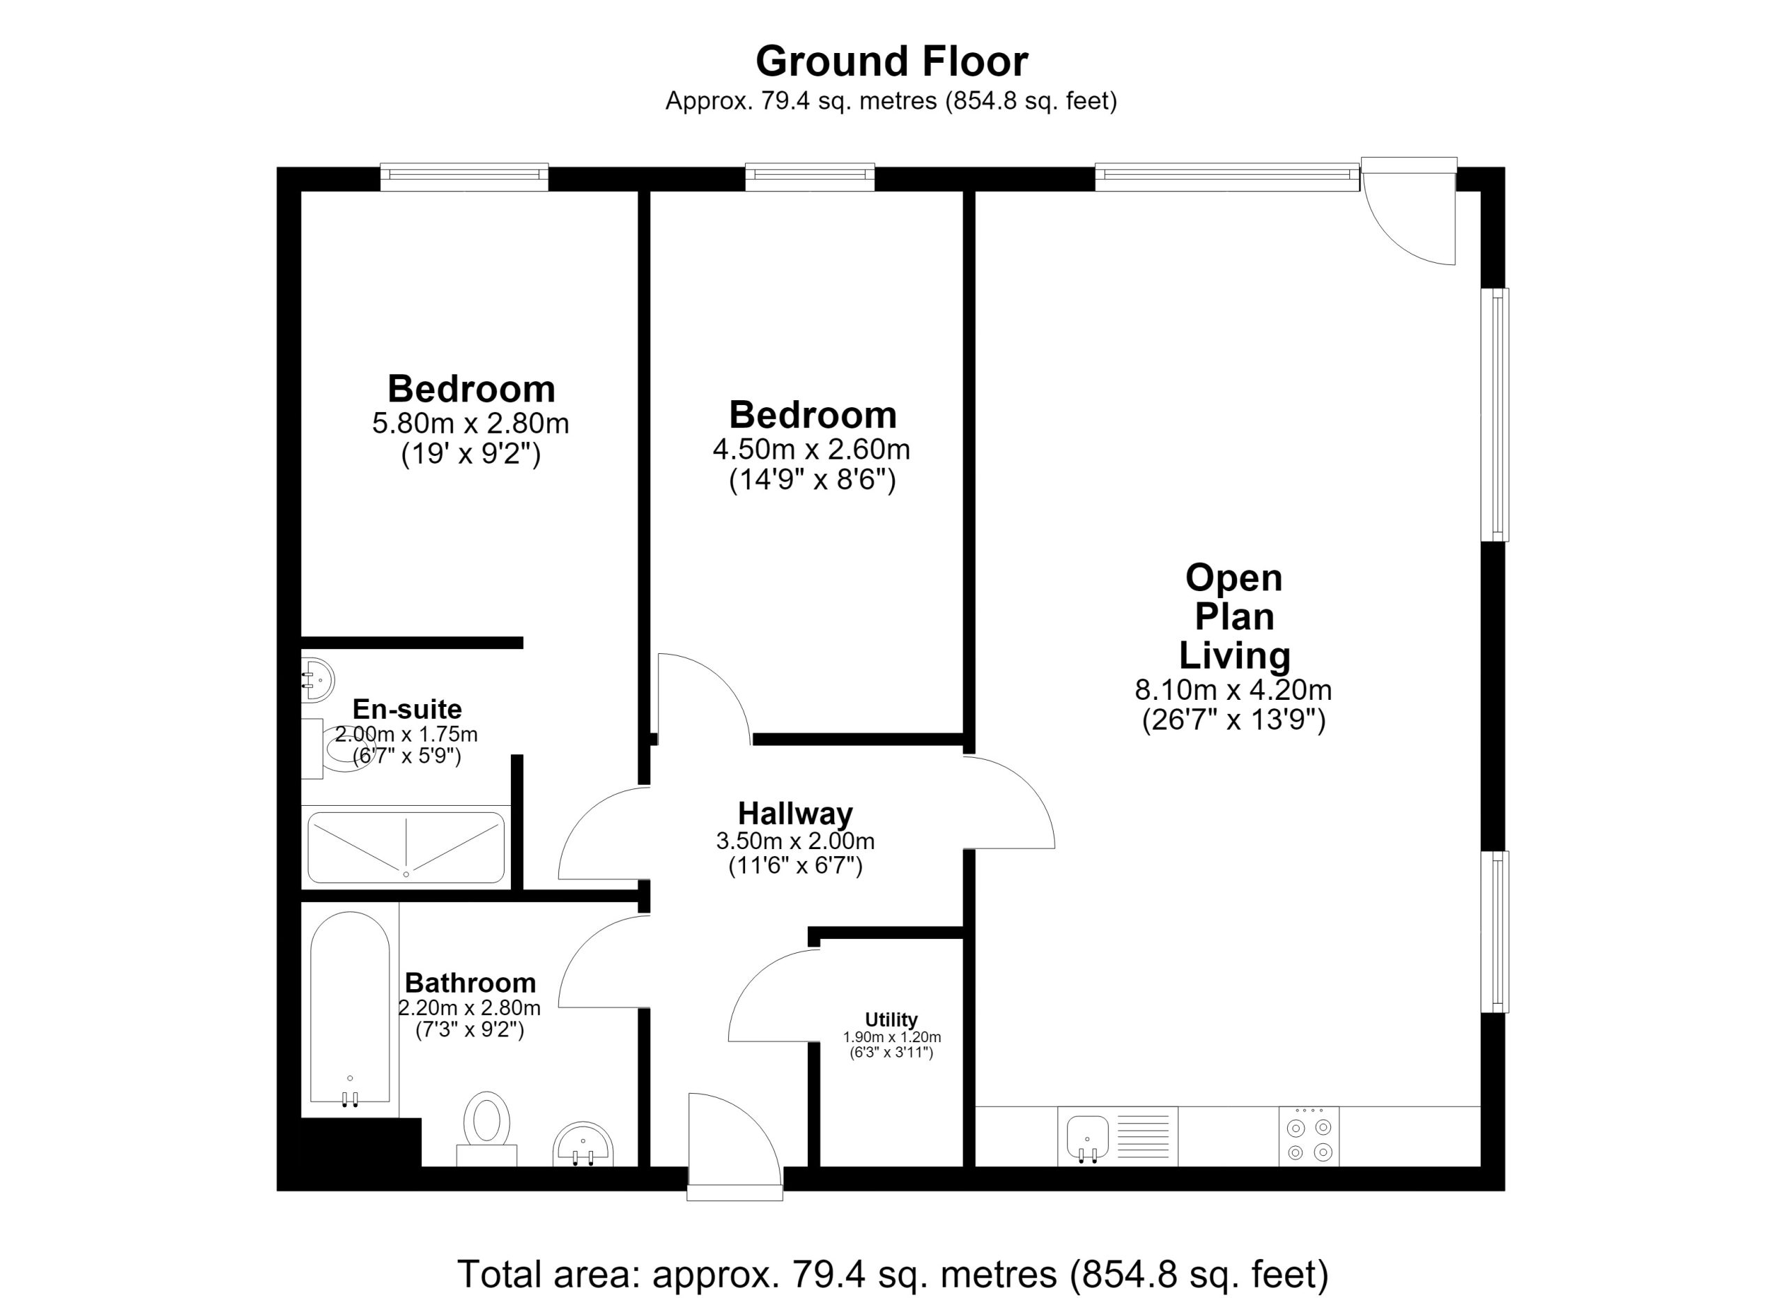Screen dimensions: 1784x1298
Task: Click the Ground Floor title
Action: click(891, 61)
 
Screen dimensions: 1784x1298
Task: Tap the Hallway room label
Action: click(795, 814)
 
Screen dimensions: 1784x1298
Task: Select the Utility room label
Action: click(891, 1020)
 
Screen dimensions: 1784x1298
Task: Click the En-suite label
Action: click(407, 709)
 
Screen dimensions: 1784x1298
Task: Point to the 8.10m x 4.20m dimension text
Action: click(1233, 690)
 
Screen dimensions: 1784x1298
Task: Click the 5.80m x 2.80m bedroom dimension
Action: click(470, 423)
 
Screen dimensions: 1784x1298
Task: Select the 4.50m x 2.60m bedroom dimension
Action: click(811, 449)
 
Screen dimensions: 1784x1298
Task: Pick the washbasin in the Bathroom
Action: click(583, 1145)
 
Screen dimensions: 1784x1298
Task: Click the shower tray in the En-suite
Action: click(406, 847)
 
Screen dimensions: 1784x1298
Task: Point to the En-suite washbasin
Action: click(318, 680)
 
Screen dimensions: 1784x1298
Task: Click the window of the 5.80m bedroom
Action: click(464, 177)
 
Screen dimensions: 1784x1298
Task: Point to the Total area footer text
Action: click(893, 1274)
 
